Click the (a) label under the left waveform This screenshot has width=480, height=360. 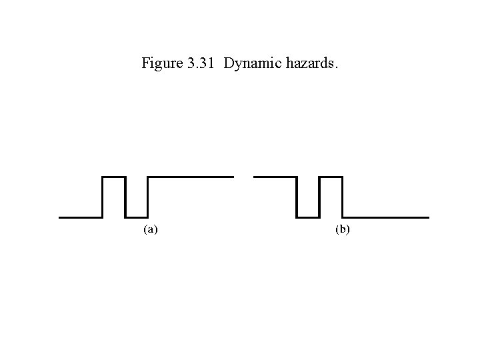tap(151, 230)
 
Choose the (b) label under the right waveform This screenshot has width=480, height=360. tap(342, 230)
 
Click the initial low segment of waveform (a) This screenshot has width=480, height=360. tap(81, 217)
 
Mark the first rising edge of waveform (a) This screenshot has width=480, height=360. tap(103, 197)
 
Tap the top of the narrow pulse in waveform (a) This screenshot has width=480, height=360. tap(114, 177)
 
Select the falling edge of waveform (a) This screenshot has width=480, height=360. tap(125, 197)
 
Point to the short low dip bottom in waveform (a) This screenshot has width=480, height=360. tap(136, 217)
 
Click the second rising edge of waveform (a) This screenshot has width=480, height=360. tap(147, 197)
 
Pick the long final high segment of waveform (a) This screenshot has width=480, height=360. tap(190, 177)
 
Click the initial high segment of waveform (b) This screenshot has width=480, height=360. tap(275, 177)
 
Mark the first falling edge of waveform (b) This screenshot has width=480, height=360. tap(297, 197)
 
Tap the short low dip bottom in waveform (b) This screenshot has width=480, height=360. tap(308, 217)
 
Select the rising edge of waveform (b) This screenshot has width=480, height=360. tap(319, 197)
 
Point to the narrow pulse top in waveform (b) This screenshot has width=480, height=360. tap(330, 177)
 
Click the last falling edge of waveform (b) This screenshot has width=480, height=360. tap(341, 197)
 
